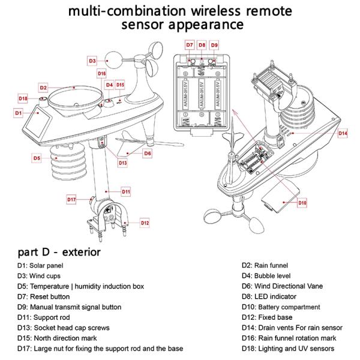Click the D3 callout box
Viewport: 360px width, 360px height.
click(x=92, y=61)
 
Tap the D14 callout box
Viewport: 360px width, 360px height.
click(x=343, y=133)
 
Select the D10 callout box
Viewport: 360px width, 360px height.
click(x=302, y=203)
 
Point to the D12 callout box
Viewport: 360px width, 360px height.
click(x=145, y=223)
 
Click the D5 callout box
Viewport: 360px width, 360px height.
click(x=37, y=158)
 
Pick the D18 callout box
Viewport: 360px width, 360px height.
click(x=23, y=98)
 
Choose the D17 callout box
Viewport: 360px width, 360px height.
click(x=71, y=199)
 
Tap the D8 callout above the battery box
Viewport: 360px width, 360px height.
click(x=202, y=45)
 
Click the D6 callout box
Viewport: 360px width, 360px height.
click(x=147, y=153)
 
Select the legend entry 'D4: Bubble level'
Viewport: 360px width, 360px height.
click(x=268, y=275)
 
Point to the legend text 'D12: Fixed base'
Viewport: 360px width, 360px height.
click(x=267, y=317)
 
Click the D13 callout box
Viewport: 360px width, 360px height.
click(x=122, y=163)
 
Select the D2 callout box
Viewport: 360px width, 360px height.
click(x=43, y=88)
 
